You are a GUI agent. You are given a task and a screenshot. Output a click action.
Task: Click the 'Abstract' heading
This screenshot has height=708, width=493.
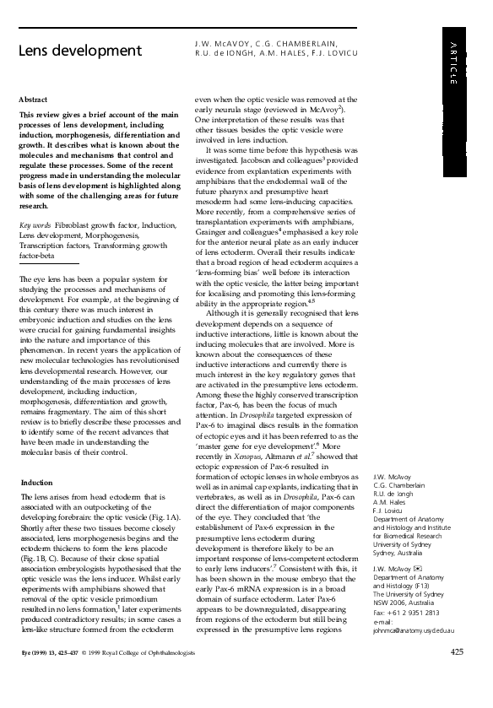(x=33, y=100)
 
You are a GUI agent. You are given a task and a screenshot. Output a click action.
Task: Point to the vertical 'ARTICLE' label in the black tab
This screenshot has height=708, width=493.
(x=453, y=63)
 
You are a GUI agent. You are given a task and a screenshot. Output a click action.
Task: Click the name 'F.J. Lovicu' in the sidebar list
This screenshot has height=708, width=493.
(x=390, y=511)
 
